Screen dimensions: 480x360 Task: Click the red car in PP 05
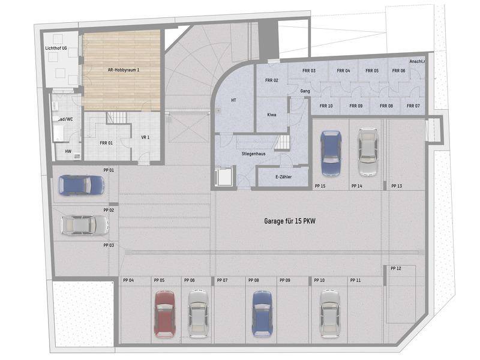point(164,314)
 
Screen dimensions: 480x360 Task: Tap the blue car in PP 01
point(82,185)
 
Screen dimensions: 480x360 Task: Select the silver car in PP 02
point(85,226)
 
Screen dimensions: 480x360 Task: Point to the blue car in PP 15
point(331,154)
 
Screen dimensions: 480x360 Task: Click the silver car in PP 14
point(368,152)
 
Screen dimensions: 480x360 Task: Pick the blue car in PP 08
point(262,313)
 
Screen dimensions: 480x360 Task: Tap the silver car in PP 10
point(329,314)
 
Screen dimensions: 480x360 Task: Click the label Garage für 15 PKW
point(290,221)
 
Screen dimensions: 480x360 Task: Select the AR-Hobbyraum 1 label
point(124,70)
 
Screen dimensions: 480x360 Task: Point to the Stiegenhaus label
point(253,154)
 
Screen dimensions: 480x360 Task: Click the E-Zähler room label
point(283,176)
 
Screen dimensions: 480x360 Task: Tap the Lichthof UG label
point(56,48)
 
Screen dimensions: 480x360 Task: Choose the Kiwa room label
point(272,115)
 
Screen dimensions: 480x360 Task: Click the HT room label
point(233,100)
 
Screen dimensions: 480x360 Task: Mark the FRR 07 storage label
point(413,106)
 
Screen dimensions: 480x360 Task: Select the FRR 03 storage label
point(309,70)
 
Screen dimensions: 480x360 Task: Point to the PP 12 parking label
point(396,268)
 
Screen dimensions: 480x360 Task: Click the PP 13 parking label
point(397,186)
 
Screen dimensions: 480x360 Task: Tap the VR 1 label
point(145,137)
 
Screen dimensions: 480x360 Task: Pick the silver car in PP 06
point(198,314)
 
